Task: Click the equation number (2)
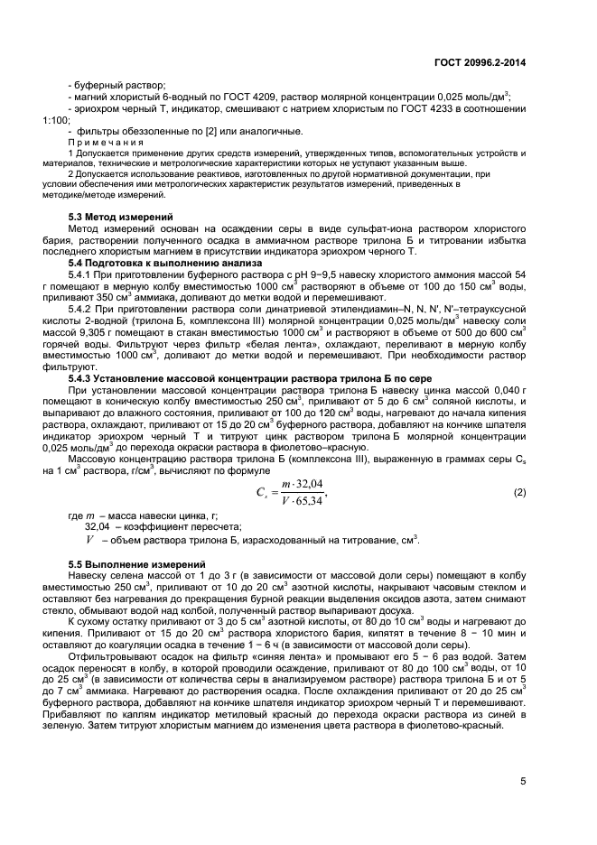click(x=519, y=493)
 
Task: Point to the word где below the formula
click(x=77, y=516)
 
